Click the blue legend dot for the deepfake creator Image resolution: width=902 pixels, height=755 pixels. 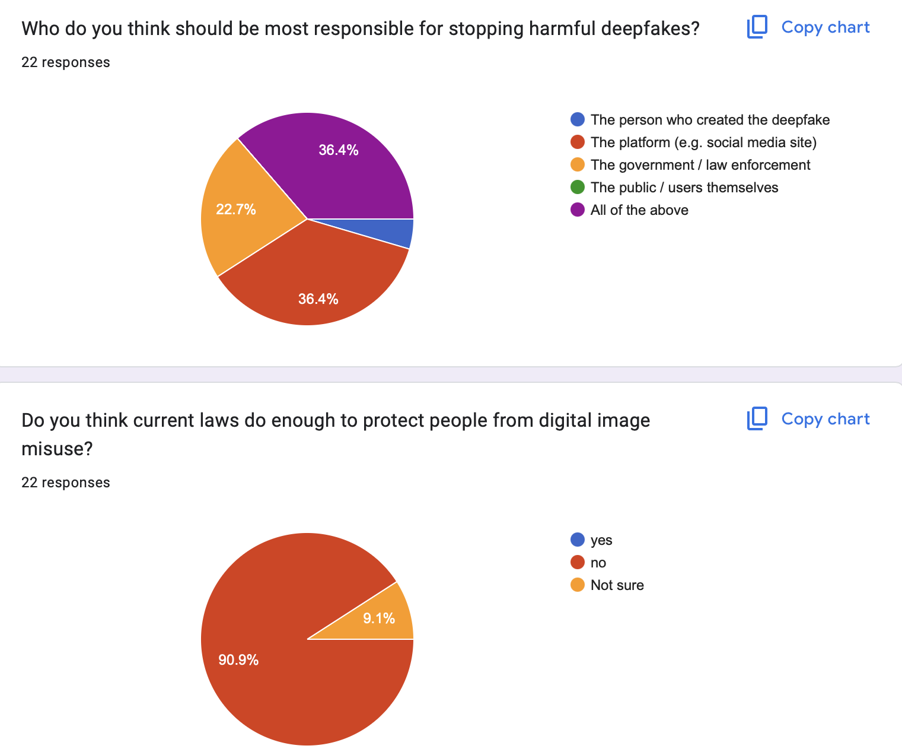click(x=578, y=120)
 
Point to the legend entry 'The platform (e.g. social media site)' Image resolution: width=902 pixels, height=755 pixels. click(x=703, y=142)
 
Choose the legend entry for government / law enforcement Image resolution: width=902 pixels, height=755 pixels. click(x=700, y=165)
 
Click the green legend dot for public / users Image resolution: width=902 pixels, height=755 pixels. click(x=578, y=188)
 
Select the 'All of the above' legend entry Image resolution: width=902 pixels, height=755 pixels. click(x=639, y=210)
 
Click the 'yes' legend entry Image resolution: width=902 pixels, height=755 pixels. click(x=601, y=540)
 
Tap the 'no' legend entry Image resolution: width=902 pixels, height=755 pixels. click(x=598, y=563)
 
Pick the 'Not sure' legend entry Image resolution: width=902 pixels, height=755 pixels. click(x=617, y=585)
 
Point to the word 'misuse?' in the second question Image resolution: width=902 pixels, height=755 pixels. click(x=57, y=449)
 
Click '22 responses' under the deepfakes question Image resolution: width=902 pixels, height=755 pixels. click(x=66, y=62)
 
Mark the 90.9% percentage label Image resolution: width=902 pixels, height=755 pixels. click(x=238, y=660)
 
